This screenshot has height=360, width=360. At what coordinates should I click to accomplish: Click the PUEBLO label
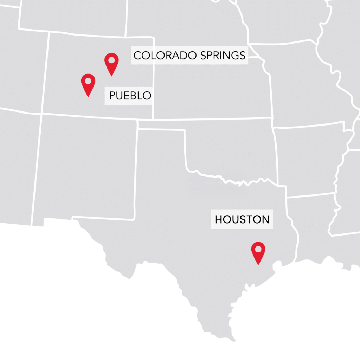[130, 96]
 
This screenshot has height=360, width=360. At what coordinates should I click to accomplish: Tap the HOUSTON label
[242, 220]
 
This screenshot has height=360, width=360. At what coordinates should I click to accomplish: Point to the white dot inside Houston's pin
[258, 249]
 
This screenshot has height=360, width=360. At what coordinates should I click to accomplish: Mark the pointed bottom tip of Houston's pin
[258, 265]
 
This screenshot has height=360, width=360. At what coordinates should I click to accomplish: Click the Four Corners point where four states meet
[41, 114]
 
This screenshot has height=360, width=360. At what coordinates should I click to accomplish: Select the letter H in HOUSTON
[219, 220]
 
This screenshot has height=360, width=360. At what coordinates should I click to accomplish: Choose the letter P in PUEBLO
[112, 96]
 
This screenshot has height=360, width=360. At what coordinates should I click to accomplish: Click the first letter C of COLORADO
[137, 55]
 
